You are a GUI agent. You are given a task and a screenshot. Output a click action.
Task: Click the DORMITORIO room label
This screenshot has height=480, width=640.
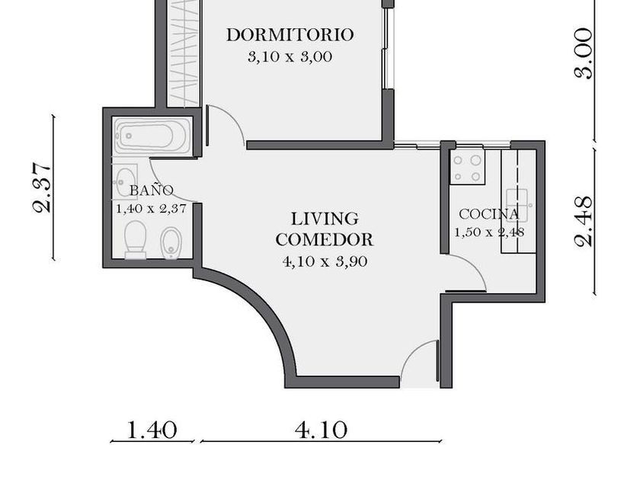click(290, 35)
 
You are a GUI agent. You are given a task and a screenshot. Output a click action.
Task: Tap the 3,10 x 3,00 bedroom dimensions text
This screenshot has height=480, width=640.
click(290, 56)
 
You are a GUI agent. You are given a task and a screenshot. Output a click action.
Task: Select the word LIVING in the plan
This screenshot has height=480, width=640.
click(325, 219)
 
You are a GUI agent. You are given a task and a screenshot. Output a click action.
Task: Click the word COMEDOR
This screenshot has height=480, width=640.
click(325, 239)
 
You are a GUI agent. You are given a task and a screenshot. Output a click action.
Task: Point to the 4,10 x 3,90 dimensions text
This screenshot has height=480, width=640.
click(325, 261)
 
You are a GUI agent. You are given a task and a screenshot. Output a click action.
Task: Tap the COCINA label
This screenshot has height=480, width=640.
click(489, 214)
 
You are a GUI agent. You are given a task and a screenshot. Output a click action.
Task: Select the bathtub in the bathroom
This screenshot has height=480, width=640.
click(152, 136)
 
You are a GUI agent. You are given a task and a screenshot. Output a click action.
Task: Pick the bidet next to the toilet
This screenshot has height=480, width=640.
click(170, 243)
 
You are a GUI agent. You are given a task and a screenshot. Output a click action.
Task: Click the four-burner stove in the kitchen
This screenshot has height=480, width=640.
click(467, 167)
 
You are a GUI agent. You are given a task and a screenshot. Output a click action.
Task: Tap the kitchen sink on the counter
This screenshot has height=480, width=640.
click(517, 203)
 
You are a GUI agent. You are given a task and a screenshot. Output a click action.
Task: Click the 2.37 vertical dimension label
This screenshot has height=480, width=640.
click(42, 187)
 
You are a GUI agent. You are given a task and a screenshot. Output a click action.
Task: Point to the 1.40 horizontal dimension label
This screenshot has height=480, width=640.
click(152, 430)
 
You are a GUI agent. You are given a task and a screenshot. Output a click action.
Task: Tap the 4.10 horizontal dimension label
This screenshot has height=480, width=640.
click(322, 430)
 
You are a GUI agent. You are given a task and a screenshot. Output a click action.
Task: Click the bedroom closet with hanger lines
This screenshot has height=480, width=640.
click(184, 53)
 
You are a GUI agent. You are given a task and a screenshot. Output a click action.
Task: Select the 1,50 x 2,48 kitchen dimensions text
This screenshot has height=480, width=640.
click(489, 232)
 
